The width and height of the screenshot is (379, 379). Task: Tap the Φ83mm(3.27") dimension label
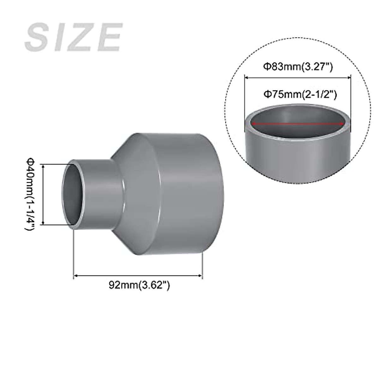click(298, 67)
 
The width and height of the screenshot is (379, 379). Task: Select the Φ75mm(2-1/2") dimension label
click(298, 94)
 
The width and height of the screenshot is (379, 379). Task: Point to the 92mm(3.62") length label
click(139, 285)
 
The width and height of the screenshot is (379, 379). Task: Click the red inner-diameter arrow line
click(298, 123)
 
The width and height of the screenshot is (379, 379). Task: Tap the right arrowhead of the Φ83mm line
click(349, 76)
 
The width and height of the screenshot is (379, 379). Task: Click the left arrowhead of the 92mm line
click(75, 276)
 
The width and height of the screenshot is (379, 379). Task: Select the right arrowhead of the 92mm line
click(200, 276)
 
